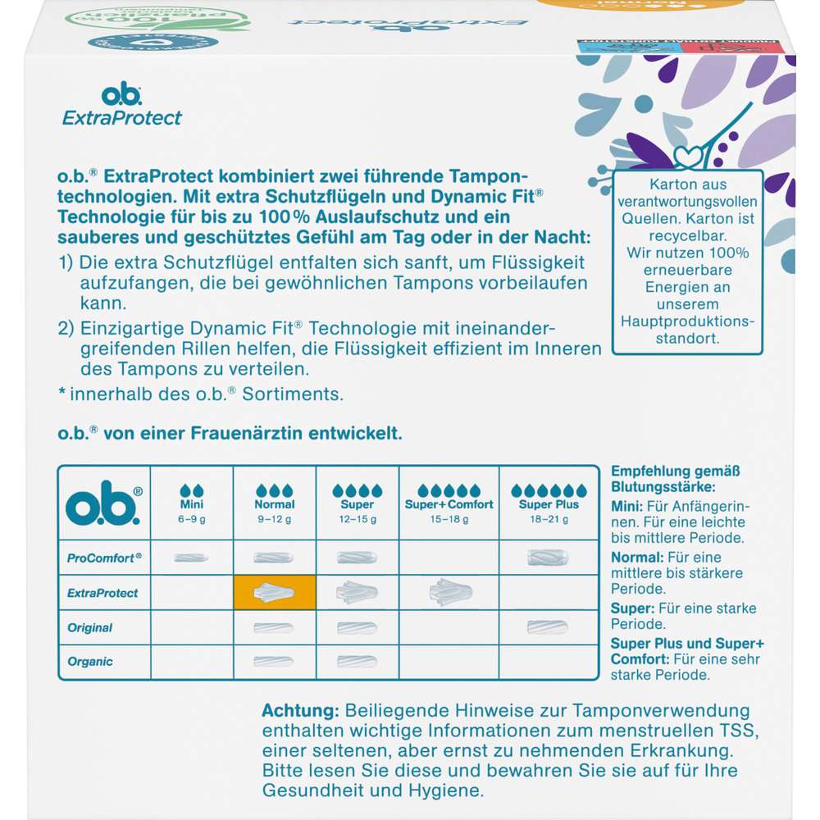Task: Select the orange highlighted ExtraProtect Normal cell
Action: (274, 592)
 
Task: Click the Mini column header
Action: (191, 504)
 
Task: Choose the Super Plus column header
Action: (549, 504)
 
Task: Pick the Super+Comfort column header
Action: (449, 504)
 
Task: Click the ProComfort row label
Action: (103, 557)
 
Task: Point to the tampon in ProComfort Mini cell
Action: (191, 558)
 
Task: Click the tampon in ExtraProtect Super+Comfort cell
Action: (449, 591)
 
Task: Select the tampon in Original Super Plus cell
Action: (548, 627)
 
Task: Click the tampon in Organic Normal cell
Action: (274, 661)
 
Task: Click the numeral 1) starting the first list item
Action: (68, 241)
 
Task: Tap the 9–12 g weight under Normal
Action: (274, 519)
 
